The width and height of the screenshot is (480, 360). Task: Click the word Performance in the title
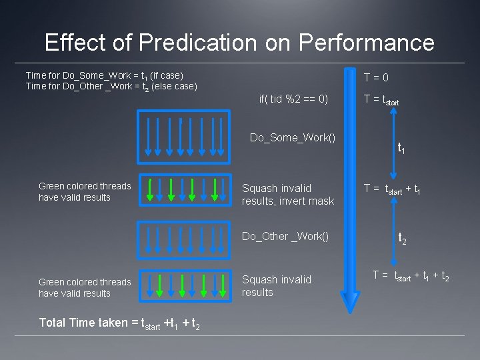coord(367,43)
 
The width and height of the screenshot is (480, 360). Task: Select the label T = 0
coord(376,78)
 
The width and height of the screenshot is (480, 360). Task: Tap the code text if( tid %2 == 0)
coord(293,99)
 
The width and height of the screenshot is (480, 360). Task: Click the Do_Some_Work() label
coord(292,137)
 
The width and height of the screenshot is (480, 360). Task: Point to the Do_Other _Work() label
coord(285,236)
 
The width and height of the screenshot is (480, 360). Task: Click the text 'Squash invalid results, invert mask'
coord(287,195)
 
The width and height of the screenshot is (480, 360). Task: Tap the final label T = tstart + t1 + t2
coord(411,275)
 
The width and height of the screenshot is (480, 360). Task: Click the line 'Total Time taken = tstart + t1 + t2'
coord(119,323)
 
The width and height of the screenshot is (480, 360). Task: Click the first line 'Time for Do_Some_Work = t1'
coord(104,75)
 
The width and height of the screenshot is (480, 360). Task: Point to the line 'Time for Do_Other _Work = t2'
coord(111,86)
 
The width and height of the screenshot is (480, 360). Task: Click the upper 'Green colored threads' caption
coord(85,191)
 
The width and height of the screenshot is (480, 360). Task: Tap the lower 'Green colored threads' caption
coord(85,287)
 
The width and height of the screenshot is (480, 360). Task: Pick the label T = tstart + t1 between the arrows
coord(392,189)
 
